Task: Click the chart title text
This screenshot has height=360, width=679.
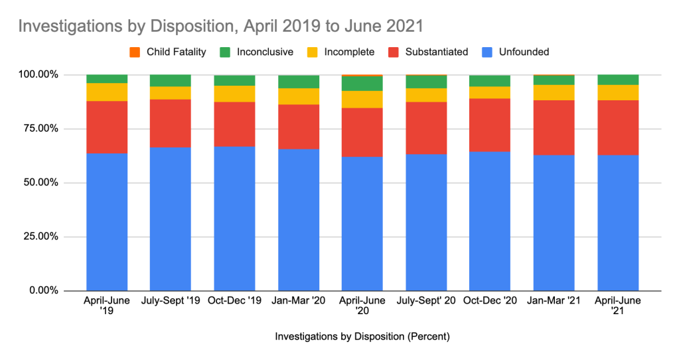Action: point(220,27)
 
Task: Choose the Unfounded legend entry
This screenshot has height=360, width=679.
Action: point(518,52)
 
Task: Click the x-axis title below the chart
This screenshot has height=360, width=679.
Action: point(362,337)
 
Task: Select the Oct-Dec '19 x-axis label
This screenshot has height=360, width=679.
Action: point(234,302)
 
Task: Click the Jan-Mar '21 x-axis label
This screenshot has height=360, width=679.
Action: point(554,302)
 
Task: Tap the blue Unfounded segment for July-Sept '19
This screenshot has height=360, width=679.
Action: point(171,219)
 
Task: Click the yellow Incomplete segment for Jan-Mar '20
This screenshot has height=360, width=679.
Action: point(298,96)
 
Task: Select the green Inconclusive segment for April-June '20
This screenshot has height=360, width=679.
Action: point(362,84)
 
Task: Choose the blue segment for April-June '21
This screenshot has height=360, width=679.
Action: point(617,223)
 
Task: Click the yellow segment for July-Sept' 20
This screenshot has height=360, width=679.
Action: point(426,95)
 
